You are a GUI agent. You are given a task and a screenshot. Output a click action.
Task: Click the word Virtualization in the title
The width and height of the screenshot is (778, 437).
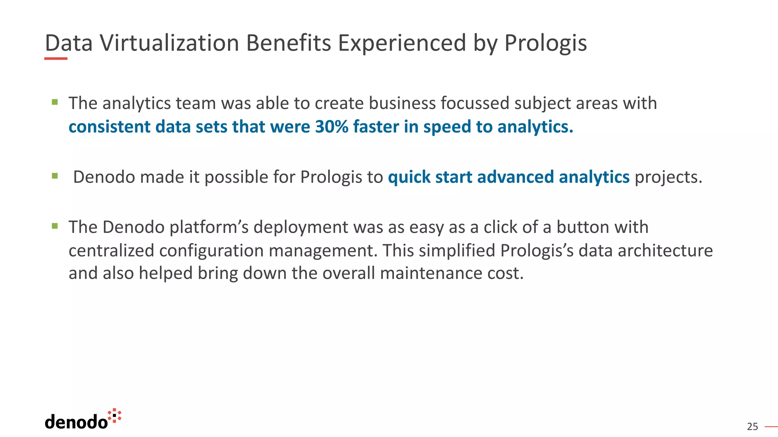coord(169,43)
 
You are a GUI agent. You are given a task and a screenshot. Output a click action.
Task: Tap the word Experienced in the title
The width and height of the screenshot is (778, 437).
coord(402,43)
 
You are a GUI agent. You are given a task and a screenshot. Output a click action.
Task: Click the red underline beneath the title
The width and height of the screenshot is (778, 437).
coord(56,59)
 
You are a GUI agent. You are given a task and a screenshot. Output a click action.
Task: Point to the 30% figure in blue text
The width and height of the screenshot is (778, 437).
coord(332,127)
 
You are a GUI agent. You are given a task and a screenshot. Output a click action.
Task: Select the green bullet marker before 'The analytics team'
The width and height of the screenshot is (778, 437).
coord(55,102)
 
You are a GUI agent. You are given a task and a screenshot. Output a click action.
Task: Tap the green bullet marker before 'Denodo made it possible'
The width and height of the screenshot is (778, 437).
coord(55,176)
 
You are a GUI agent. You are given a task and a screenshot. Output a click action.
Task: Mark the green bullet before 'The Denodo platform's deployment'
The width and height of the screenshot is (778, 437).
coord(55,226)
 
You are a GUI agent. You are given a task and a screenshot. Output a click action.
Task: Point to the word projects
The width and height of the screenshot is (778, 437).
coord(668,177)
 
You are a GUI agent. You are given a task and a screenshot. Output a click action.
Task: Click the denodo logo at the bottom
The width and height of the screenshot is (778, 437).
coord(83,420)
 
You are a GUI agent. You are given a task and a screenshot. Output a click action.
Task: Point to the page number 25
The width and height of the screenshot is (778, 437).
coord(752,427)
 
